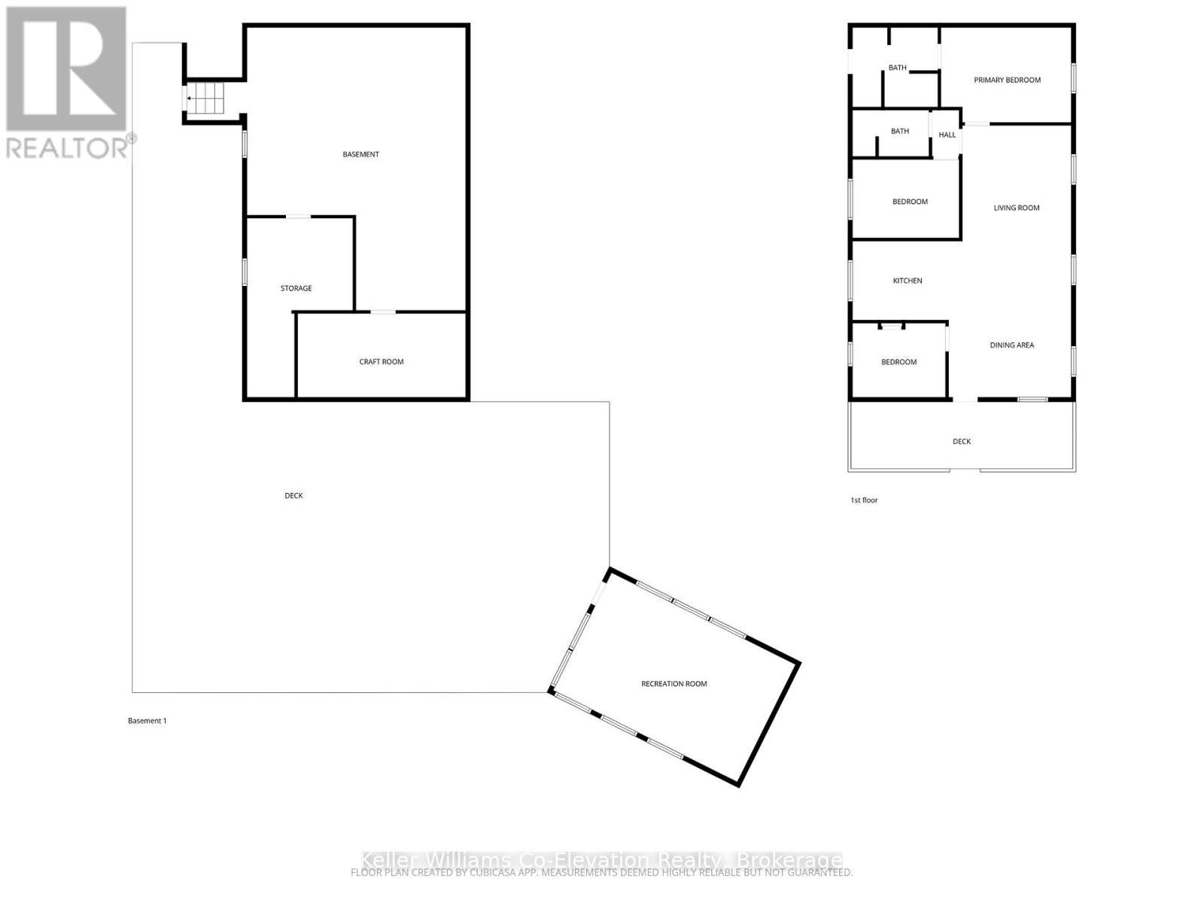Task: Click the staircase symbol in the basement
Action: pos(205,98)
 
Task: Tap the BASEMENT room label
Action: pos(360,154)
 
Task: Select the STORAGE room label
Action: pos(296,288)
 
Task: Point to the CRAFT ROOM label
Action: pos(382,362)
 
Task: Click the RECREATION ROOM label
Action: pos(673,684)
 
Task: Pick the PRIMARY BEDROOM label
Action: pos(1007,80)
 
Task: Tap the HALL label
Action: pos(947,135)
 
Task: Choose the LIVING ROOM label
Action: pos(1016,208)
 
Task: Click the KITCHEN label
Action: pos(907,281)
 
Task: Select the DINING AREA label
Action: pos(1011,345)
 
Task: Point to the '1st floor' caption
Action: pos(864,500)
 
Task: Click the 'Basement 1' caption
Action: pos(147,721)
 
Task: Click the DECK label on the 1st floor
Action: pos(961,442)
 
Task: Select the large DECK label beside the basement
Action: pos(293,496)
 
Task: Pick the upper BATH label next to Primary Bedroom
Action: pos(897,68)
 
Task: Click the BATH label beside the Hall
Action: pos(899,131)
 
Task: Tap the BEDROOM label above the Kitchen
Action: pos(910,202)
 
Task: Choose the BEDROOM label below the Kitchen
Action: pos(898,362)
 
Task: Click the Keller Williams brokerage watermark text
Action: pos(601,860)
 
